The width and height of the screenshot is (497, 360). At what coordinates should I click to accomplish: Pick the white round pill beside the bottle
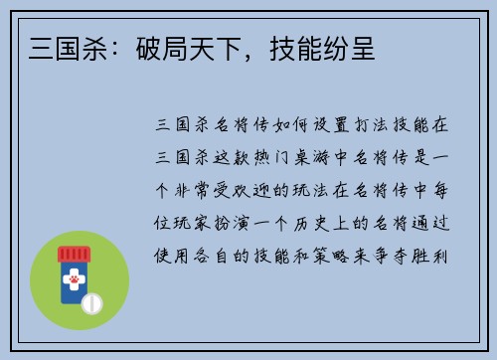coord(92,300)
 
